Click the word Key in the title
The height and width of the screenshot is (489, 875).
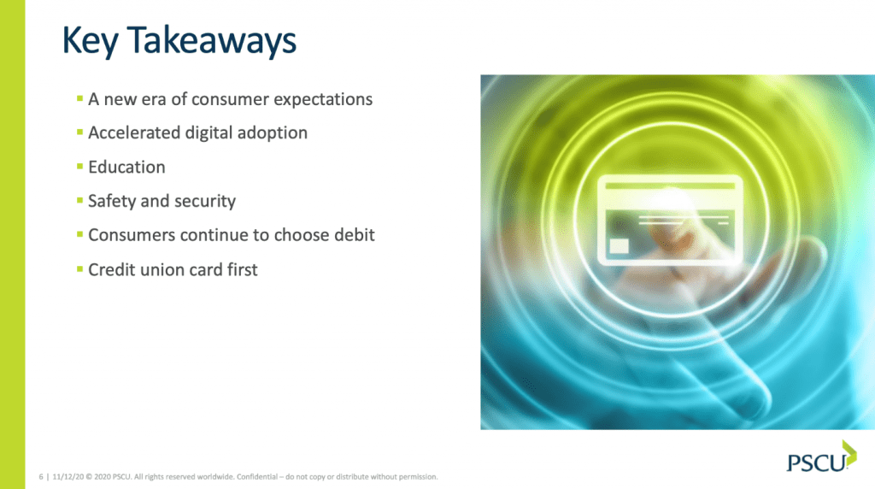90,41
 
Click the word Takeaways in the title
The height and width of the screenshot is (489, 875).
212,41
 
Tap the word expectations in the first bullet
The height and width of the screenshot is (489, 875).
322,100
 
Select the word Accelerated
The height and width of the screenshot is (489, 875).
134,133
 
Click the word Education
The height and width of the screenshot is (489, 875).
126,167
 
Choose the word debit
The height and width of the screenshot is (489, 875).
355,235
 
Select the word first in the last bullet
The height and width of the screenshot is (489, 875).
242,269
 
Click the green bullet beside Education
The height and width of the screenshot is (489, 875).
79,166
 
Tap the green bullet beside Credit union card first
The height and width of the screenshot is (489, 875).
79,269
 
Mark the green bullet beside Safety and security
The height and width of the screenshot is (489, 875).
79,200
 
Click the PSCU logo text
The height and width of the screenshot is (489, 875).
816,462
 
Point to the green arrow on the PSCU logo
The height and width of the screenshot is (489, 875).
849,453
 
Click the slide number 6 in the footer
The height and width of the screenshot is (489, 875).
41,477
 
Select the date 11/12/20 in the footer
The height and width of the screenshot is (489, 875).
68,477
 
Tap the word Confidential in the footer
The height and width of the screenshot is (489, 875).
256,477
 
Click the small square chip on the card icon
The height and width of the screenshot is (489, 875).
619,245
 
